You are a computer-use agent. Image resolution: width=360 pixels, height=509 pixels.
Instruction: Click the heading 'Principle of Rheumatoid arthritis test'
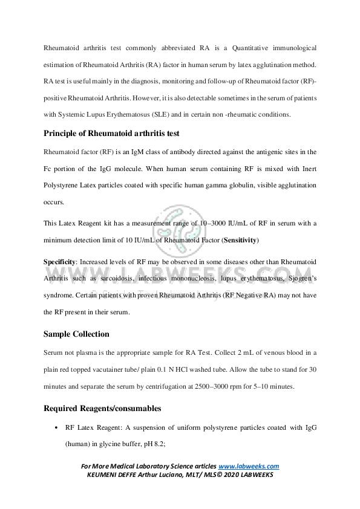(x=111, y=134)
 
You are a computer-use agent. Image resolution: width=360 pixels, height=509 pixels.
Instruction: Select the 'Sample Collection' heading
(x=76, y=334)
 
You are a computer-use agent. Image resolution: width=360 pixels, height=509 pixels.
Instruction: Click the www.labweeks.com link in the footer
(x=249, y=466)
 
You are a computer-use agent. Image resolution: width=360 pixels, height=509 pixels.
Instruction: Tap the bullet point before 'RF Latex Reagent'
(x=56, y=427)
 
